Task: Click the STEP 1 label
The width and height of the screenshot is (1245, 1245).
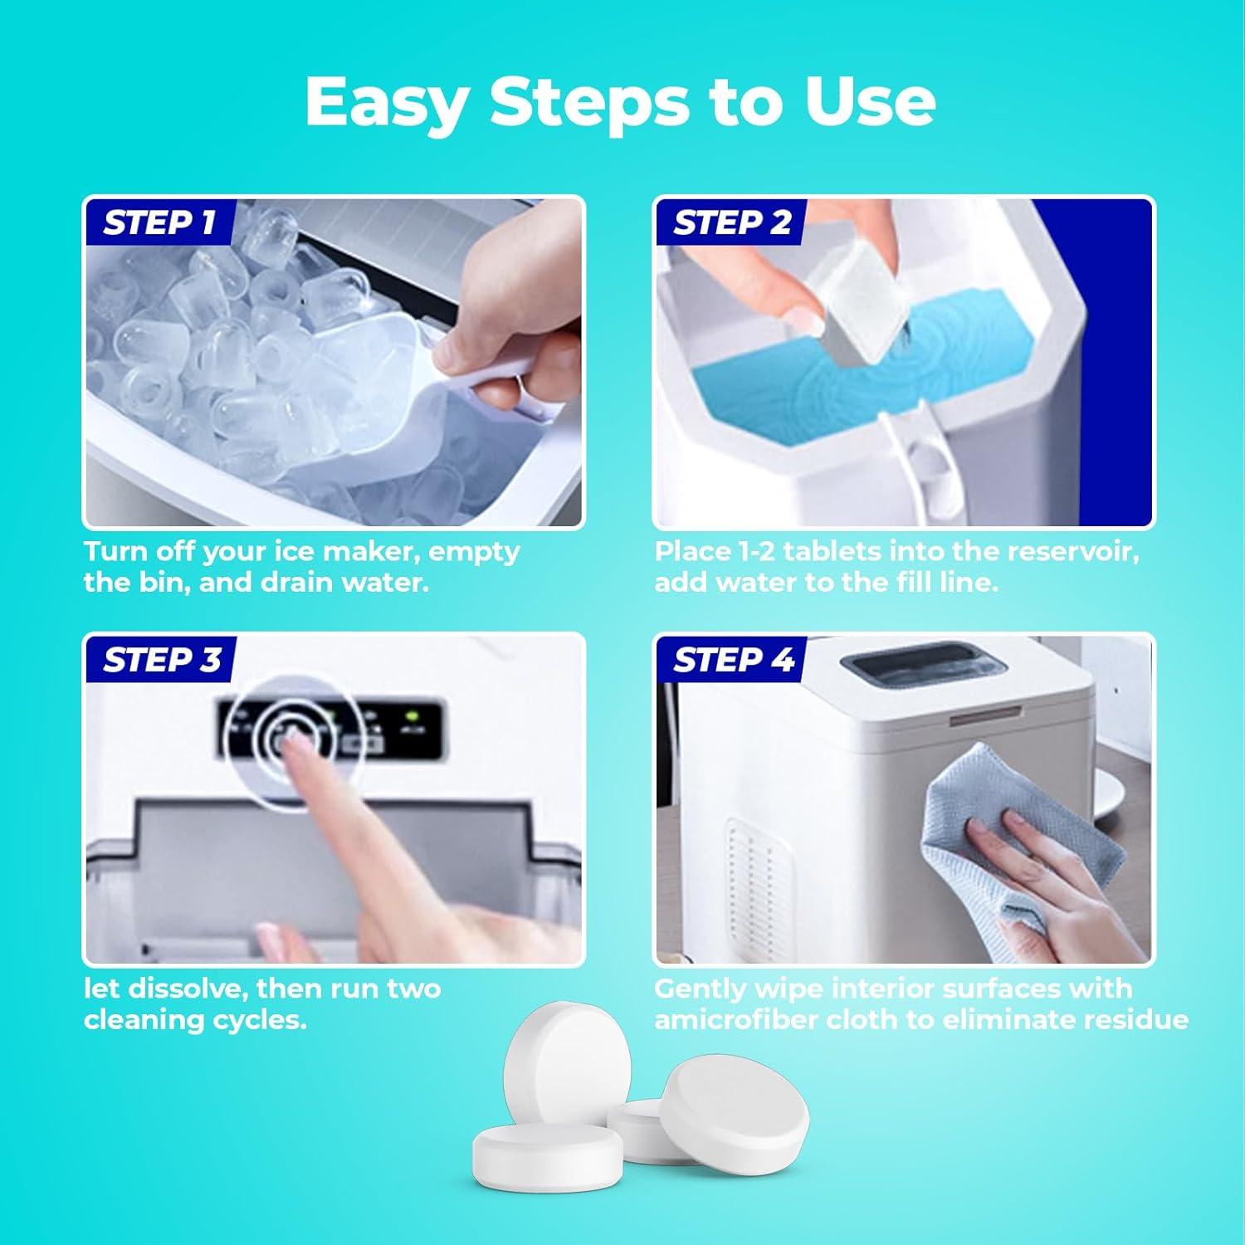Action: (159, 222)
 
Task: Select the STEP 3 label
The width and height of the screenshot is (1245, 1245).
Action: (162, 660)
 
